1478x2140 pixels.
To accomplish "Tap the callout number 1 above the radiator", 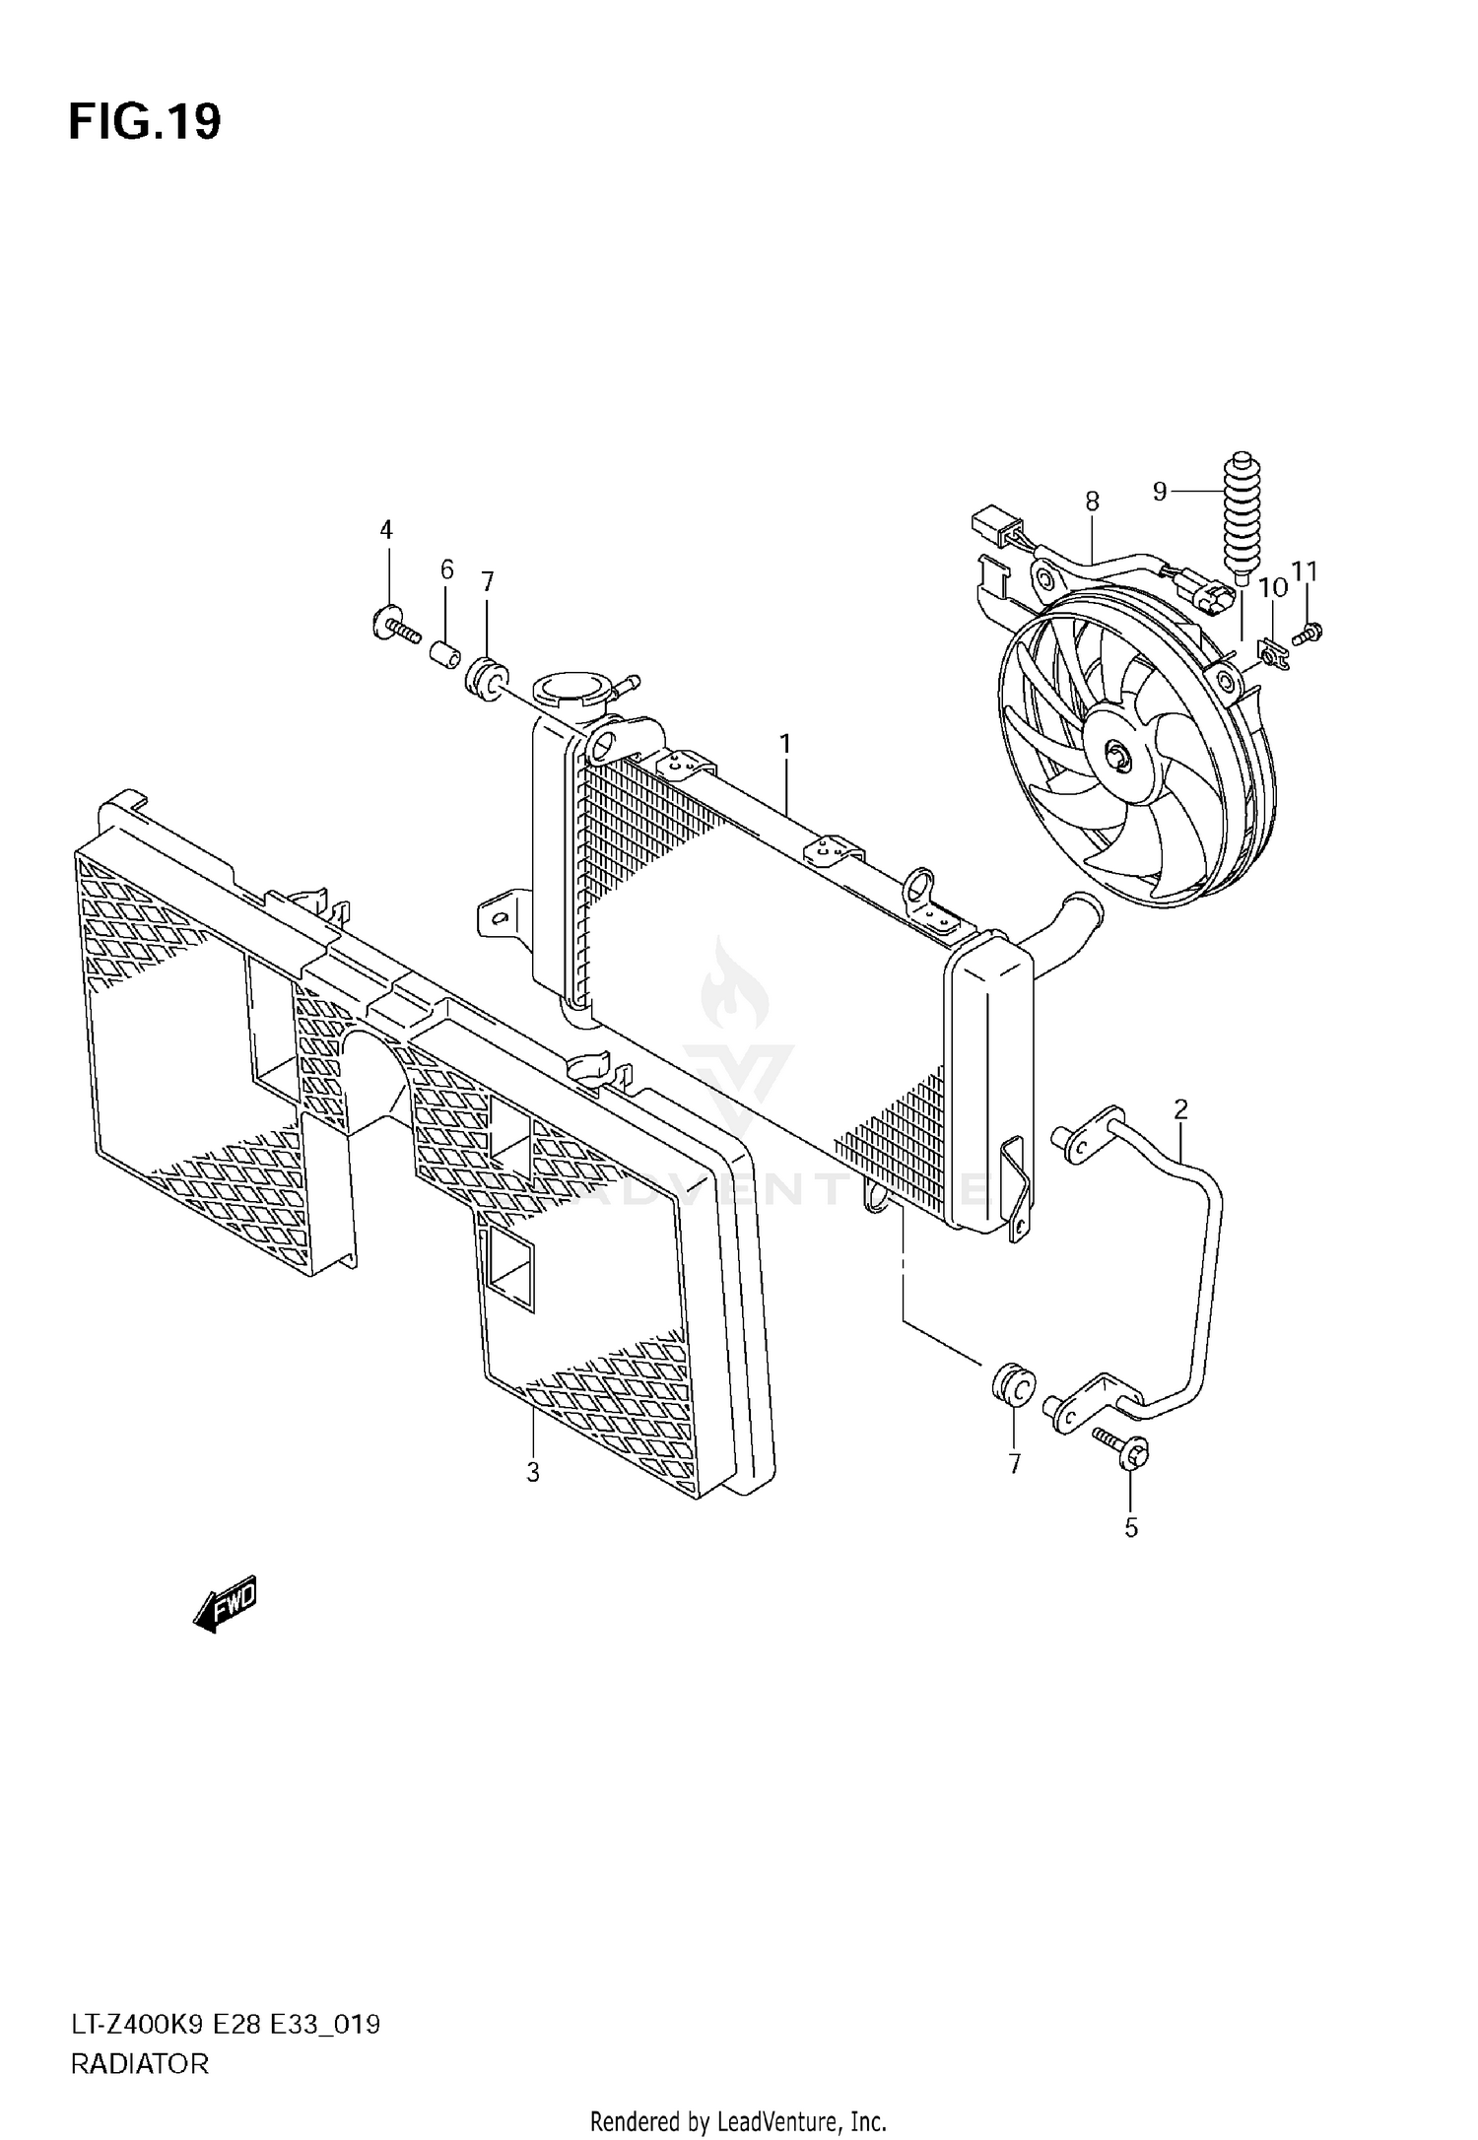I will pos(785,745).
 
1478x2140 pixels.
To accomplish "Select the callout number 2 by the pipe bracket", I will pos(1180,1110).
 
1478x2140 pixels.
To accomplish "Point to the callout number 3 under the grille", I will pos(533,1473).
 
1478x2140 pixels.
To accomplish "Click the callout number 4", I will pos(386,531).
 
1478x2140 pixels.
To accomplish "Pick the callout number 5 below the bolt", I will pos(1131,1528).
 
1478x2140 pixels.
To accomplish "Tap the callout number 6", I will pos(446,569).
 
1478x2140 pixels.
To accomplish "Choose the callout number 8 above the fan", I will pos(1092,502).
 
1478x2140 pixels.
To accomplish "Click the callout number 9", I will pos(1160,491).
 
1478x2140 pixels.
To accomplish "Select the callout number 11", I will pos(1305,571).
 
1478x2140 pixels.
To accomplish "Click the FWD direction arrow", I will pos(225,1605).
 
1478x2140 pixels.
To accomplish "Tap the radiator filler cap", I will pos(571,690).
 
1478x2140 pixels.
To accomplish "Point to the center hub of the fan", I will pos(1120,757).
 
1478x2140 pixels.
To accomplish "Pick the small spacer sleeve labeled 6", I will pos(444,653).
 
